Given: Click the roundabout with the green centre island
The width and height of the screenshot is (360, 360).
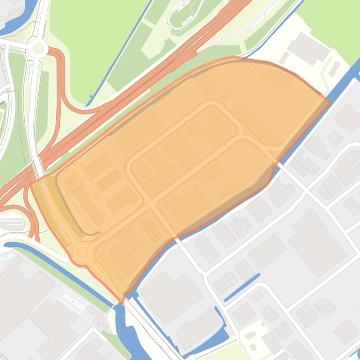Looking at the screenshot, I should pos(37,48).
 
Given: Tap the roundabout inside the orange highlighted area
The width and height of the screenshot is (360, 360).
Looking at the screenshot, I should pos(83,252).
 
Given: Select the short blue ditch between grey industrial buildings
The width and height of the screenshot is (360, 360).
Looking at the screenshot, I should pos(242,287).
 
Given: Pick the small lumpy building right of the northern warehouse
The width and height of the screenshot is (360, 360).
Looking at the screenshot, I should pos(334,70).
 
